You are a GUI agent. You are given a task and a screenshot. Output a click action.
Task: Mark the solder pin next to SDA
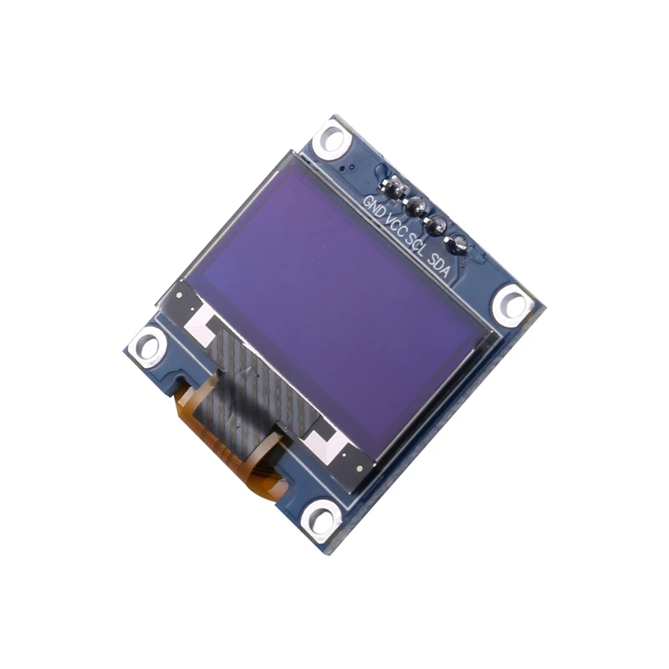point(457,245)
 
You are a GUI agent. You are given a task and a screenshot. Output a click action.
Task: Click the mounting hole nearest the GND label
point(332,138)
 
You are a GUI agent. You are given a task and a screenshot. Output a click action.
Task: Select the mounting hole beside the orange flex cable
point(321,518)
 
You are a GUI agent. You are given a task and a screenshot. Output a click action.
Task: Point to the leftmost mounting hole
point(149,345)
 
